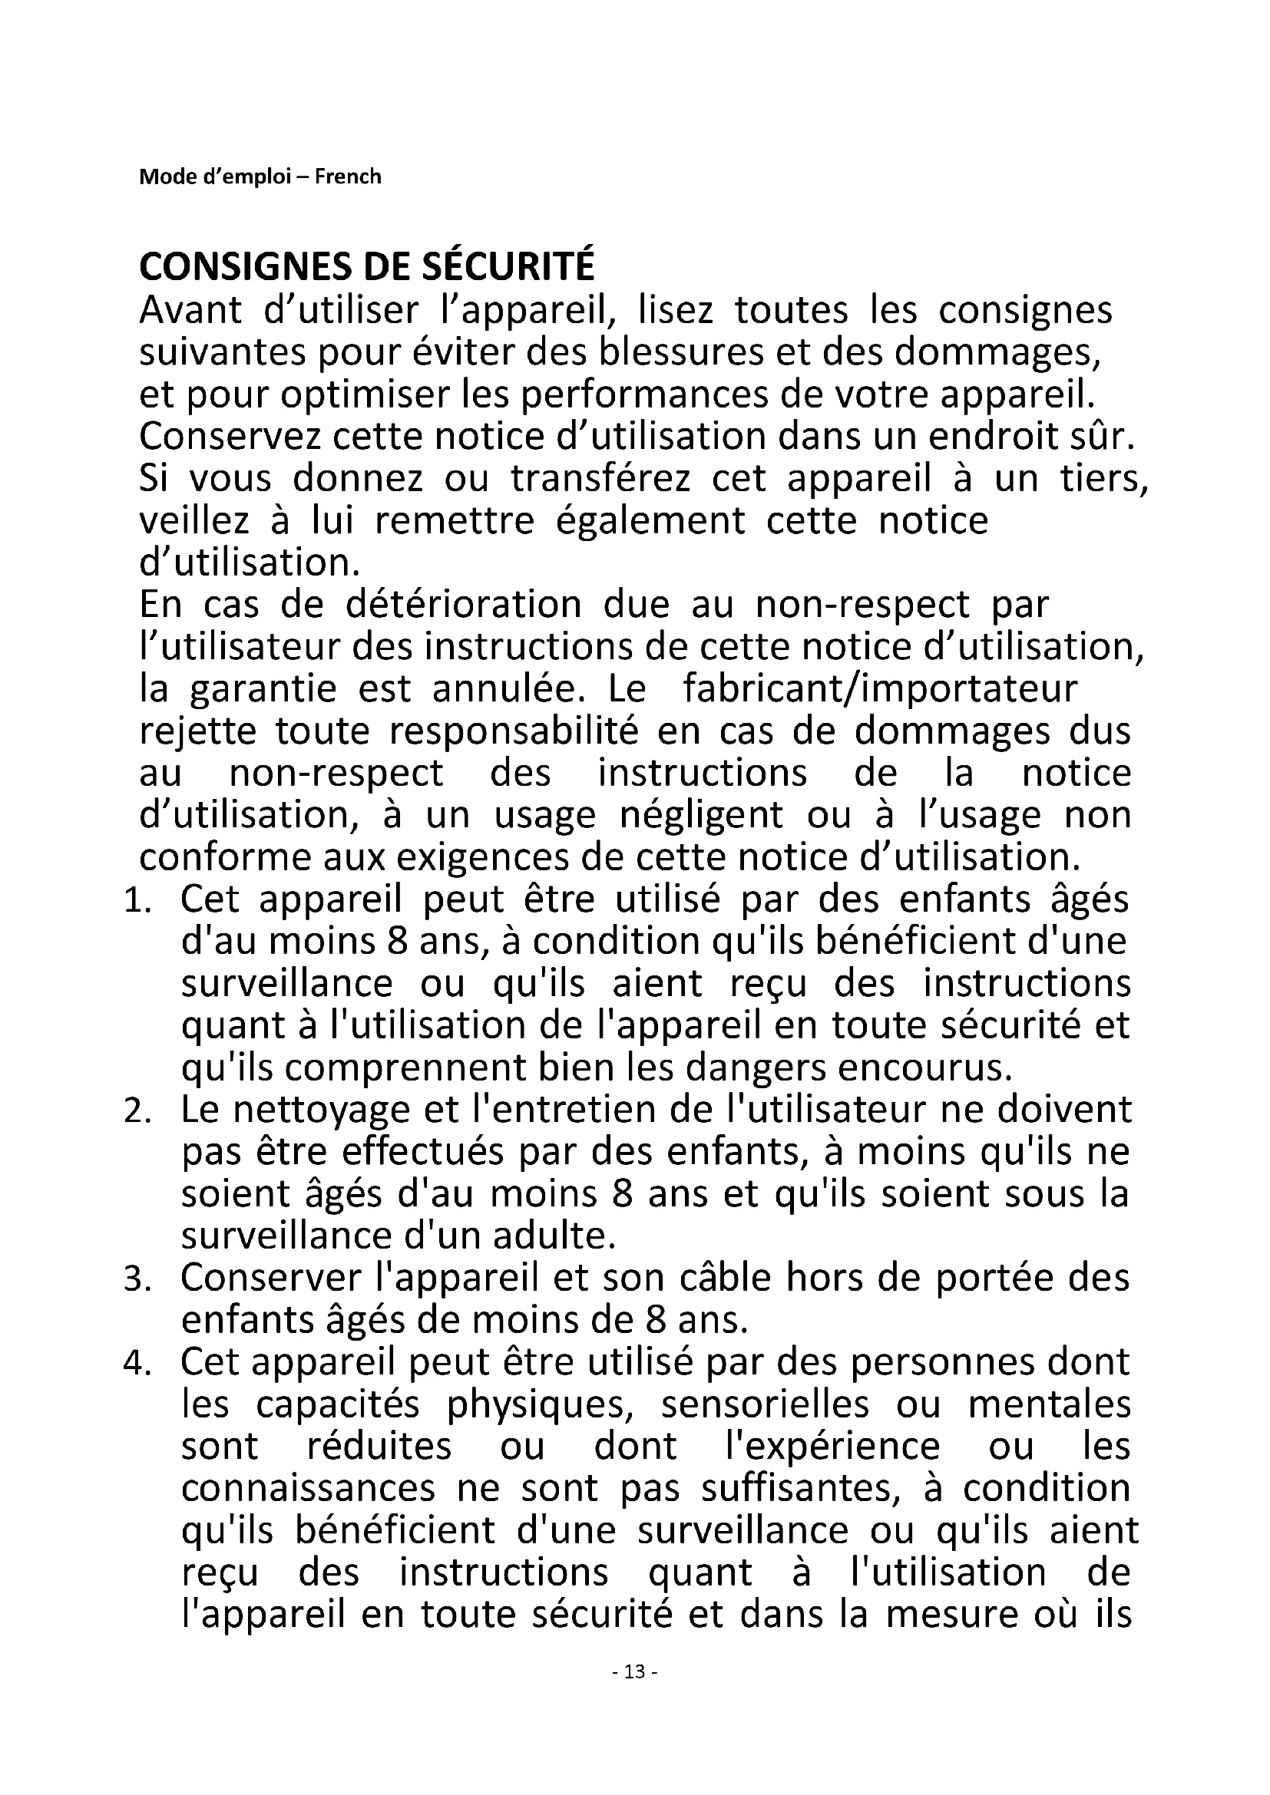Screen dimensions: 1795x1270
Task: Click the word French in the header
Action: [348, 177]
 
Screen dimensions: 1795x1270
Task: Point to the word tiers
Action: [1103, 479]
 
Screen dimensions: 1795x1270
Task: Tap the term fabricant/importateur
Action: [880, 690]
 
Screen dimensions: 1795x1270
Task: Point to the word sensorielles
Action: [765, 1406]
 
